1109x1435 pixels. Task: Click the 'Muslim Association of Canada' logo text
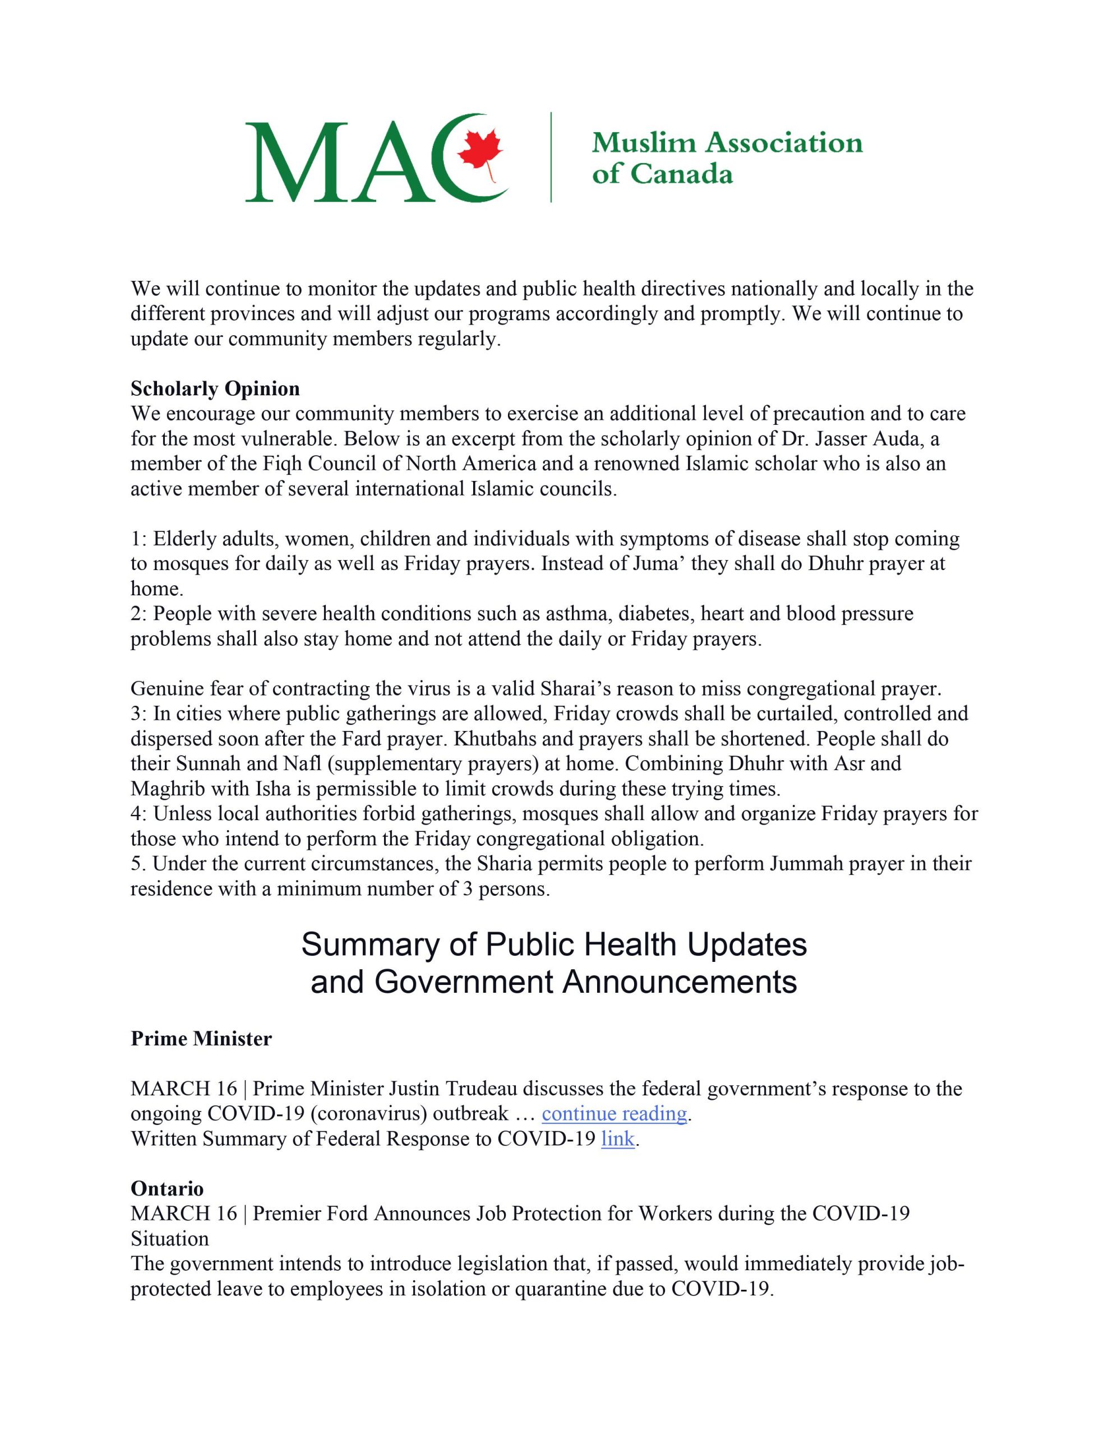coord(727,158)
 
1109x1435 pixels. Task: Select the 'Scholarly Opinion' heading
coord(215,389)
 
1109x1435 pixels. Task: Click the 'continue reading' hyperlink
coord(614,1114)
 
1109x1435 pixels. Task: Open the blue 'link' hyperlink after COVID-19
coord(618,1138)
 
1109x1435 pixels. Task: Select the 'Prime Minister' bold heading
coord(201,1039)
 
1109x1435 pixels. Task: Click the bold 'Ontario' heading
coord(167,1188)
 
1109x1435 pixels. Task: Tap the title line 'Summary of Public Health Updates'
coord(553,945)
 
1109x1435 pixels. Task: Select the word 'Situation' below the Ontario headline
coord(170,1239)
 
